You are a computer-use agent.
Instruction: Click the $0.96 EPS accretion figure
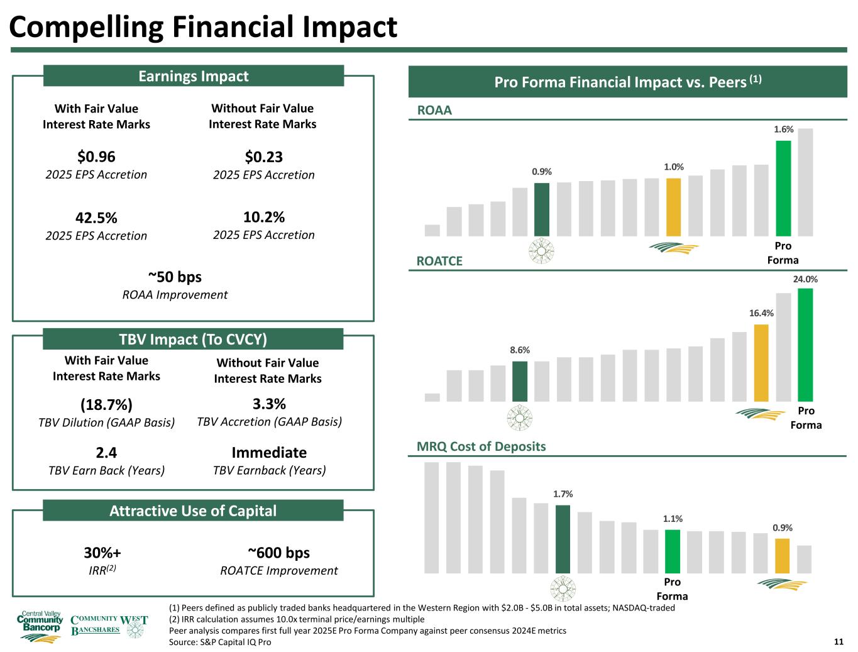point(96,157)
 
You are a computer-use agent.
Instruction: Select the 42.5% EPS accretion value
point(96,218)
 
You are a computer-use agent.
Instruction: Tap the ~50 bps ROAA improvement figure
point(175,277)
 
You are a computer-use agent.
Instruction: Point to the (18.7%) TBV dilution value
point(106,404)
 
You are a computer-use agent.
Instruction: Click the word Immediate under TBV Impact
point(269,453)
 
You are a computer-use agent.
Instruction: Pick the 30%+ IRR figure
point(102,553)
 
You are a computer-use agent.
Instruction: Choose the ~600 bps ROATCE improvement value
point(278,553)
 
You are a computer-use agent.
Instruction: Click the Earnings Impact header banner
point(193,76)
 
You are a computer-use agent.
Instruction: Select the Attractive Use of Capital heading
point(193,511)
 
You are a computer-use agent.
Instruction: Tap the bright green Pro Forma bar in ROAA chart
point(783,188)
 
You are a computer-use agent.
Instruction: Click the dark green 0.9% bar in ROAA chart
point(542,209)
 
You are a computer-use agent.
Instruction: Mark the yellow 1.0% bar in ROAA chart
point(673,207)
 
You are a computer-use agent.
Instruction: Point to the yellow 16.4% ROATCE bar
point(761,363)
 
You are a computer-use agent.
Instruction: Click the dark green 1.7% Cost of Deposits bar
point(563,539)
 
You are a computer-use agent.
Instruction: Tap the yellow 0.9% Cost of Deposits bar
point(782,556)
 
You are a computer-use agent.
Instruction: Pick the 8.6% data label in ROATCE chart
point(520,350)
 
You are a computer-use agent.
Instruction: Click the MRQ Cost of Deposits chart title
point(481,446)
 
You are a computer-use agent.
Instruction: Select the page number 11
point(838,641)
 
